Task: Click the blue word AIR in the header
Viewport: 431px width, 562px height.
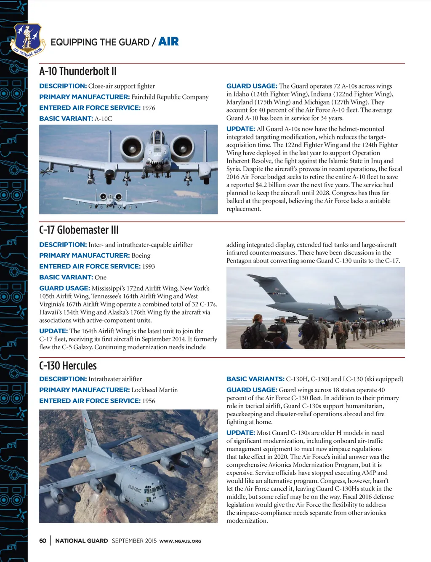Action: coord(168,41)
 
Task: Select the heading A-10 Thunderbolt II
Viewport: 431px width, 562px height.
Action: coord(78,71)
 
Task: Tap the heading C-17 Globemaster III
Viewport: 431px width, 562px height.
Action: coord(79,230)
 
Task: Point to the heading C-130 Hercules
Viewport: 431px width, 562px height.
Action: coord(68,366)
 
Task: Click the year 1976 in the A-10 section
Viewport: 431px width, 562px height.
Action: coord(149,108)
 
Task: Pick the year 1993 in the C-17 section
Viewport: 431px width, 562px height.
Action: coord(149,267)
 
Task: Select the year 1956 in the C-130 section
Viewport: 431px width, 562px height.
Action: coord(149,401)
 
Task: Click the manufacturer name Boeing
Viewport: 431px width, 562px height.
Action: coord(141,256)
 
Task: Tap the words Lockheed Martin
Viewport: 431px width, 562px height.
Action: coord(154,390)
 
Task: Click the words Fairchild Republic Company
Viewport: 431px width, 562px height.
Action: coord(170,97)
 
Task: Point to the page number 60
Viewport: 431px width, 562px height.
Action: coord(43,541)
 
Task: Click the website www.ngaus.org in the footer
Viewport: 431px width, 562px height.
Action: coord(180,541)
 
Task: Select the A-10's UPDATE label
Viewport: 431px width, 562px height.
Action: coord(240,129)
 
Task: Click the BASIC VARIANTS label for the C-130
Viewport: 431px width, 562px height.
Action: coord(255,379)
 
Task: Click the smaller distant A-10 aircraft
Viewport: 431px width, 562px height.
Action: coord(110,197)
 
